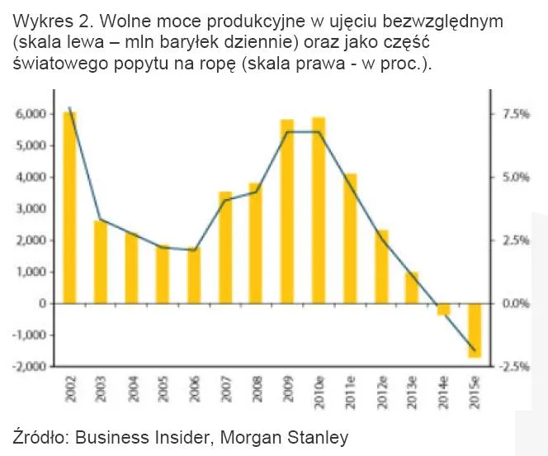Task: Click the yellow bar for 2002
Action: [69, 207]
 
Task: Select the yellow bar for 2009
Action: [286, 211]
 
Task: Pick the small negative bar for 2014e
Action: [443, 309]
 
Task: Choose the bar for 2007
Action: [224, 247]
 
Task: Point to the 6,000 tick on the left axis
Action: [31, 114]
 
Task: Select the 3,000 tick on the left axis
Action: [31, 209]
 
